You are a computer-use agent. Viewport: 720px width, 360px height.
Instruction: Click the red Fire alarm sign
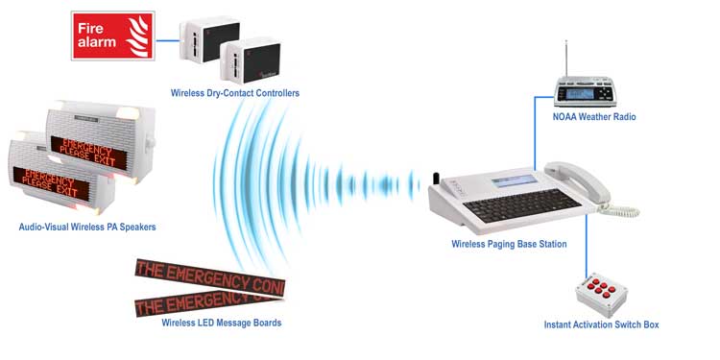113,36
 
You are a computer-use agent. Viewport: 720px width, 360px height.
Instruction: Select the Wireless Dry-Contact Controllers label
234,93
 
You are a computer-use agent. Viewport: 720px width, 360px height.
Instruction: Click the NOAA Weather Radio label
594,117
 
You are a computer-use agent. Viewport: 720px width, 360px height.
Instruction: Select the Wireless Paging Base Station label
509,245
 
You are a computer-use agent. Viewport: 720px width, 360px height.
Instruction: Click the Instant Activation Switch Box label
601,325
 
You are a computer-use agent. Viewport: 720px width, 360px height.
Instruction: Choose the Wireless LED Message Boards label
222,323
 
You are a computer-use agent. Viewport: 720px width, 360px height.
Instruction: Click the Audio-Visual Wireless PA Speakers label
87,228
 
